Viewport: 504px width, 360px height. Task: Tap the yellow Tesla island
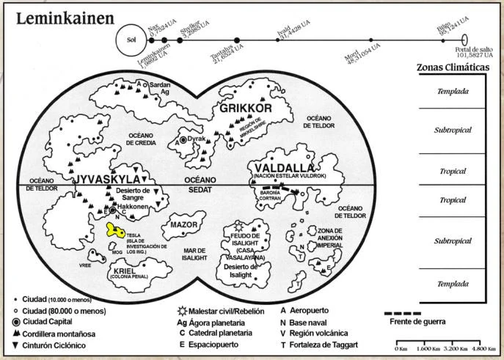(115, 229)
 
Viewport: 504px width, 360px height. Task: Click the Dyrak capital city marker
(183, 139)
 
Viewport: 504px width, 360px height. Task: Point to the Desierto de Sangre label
(133, 194)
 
